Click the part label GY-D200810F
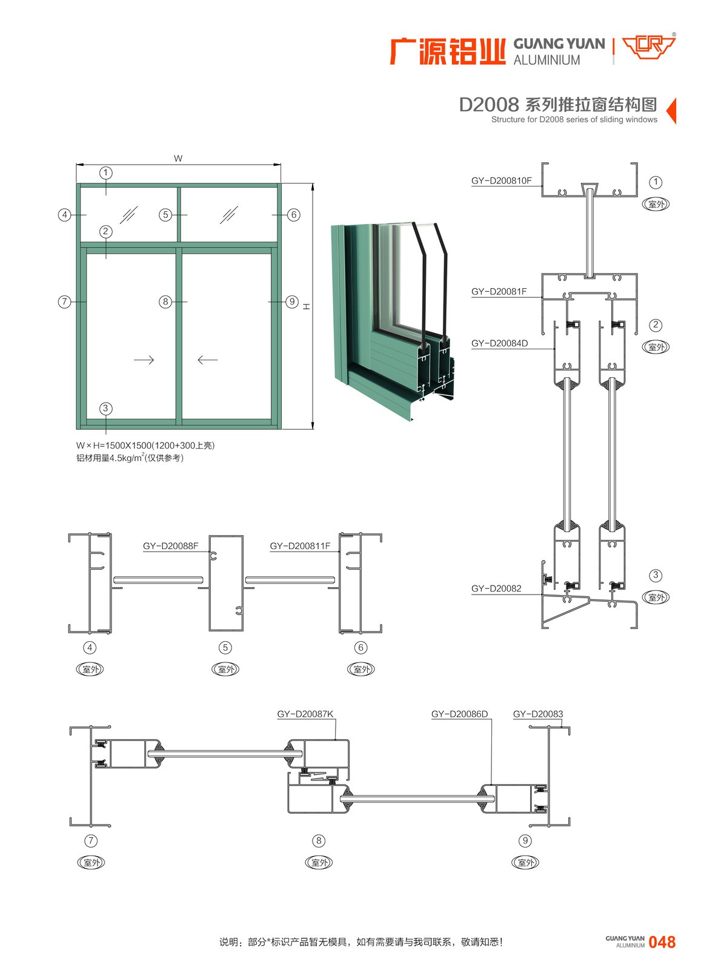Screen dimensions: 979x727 (x=501, y=180)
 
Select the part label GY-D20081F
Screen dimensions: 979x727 (x=499, y=291)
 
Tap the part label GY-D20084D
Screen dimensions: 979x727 (x=499, y=343)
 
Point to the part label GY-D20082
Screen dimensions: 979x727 (x=496, y=588)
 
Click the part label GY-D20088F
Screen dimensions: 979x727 (x=170, y=546)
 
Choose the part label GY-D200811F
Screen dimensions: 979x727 (x=300, y=546)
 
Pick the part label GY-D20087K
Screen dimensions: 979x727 (x=305, y=714)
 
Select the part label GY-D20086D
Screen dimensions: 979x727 (x=459, y=714)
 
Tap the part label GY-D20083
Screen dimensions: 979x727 (x=537, y=714)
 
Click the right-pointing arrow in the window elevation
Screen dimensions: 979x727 (x=144, y=360)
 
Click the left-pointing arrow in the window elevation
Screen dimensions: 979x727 (x=208, y=360)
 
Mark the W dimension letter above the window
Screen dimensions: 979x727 (x=178, y=159)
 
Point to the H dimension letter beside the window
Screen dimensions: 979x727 (x=307, y=306)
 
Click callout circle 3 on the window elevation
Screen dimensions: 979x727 (x=105, y=408)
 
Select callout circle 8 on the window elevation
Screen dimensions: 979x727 (x=165, y=302)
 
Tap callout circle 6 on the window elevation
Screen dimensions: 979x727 (x=294, y=214)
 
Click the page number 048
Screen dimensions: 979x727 (x=662, y=942)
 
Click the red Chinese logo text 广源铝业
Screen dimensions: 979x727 (x=447, y=51)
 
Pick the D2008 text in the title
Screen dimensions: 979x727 (x=489, y=105)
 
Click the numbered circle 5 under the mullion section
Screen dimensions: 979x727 (x=225, y=648)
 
